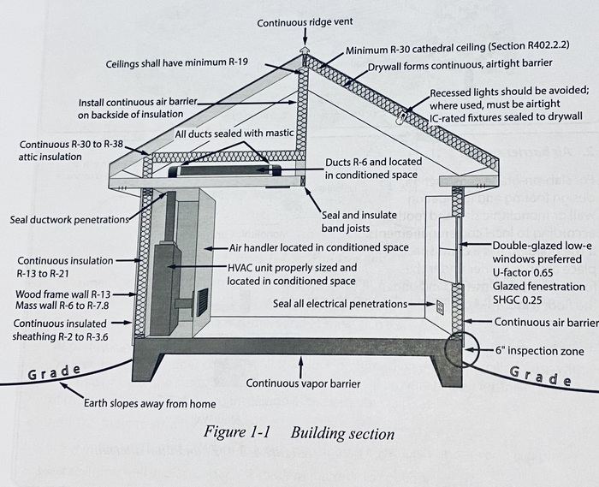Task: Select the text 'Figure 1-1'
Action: click(x=237, y=431)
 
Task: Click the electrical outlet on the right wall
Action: click(x=440, y=306)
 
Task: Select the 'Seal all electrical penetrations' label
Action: click(x=340, y=303)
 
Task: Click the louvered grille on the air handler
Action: click(x=203, y=302)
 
